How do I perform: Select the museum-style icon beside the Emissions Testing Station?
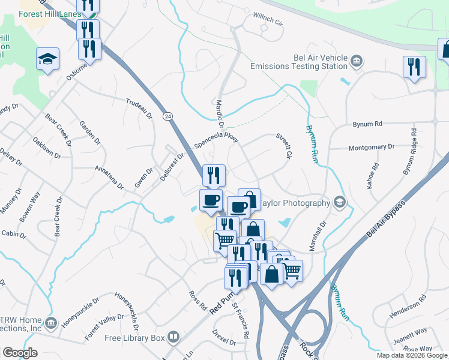point(357,60)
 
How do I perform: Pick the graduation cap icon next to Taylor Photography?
point(340,202)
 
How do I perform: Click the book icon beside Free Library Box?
point(174,337)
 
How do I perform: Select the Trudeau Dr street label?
point(139,107)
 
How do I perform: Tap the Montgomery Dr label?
point(371,147)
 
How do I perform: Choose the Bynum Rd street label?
point(367,124)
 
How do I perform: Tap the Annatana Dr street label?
point(108,177)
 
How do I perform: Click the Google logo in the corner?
point(20,353)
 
